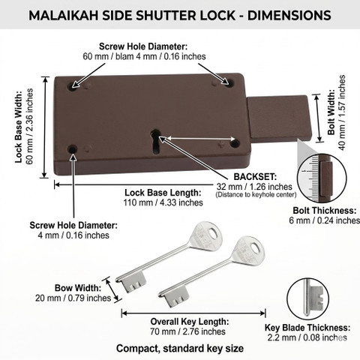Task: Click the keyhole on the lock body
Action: click(x=156, y=141)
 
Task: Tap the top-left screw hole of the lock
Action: click(x=73, y=86)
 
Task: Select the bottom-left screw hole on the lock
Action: click(x=73, y=149)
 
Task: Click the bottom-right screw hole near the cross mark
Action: click(x=235, y=143)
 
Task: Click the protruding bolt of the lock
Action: click(x=279, y=118)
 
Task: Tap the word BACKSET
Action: click(x=255, y=177)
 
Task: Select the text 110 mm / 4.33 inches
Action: click(x=163, y=202)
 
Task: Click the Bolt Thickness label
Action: click(x=325, y=211)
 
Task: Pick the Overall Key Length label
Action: click(x=190, y=322)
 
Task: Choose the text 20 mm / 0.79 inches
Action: click(x=73, y=298)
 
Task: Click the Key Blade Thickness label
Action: click(x=307, y=328)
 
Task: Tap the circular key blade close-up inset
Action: click(x=307, y=298)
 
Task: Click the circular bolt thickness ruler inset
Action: click(x=322, y=178)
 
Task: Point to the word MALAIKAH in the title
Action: click(x=63, y=16)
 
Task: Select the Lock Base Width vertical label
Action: click(x=19, y=127)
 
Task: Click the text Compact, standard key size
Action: click(x=180, y=348)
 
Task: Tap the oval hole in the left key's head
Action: click(x=212, y=233)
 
